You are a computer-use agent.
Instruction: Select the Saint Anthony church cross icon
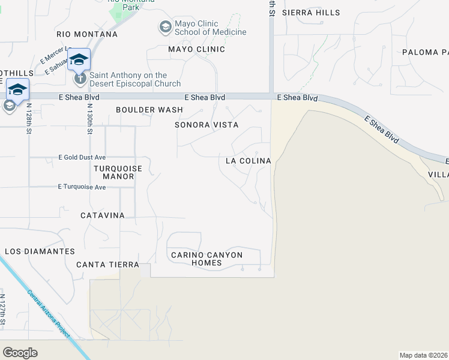[x=79, y=78]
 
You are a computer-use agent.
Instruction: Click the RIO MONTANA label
[x=87, y=34]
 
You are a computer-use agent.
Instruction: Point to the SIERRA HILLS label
[x=310, y=13]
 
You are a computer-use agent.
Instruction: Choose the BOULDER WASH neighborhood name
[x=149, y=110]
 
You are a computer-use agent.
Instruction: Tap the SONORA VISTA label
[x=206, y=125]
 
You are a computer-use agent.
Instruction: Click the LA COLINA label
[x=248, y=161]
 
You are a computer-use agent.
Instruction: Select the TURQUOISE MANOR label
[x=118, y=173]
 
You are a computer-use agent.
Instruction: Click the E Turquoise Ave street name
[x=82, y=187]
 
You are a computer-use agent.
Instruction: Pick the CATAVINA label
[x=102, y=215]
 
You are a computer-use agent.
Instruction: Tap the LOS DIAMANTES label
[x=40, y=251]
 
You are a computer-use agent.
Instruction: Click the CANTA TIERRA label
[x=108, y=265]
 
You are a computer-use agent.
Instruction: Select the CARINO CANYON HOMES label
[x=206, y=259]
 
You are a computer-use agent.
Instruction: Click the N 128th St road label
[x=28, y=117]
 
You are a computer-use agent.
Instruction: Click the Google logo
[x=20, y=353]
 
